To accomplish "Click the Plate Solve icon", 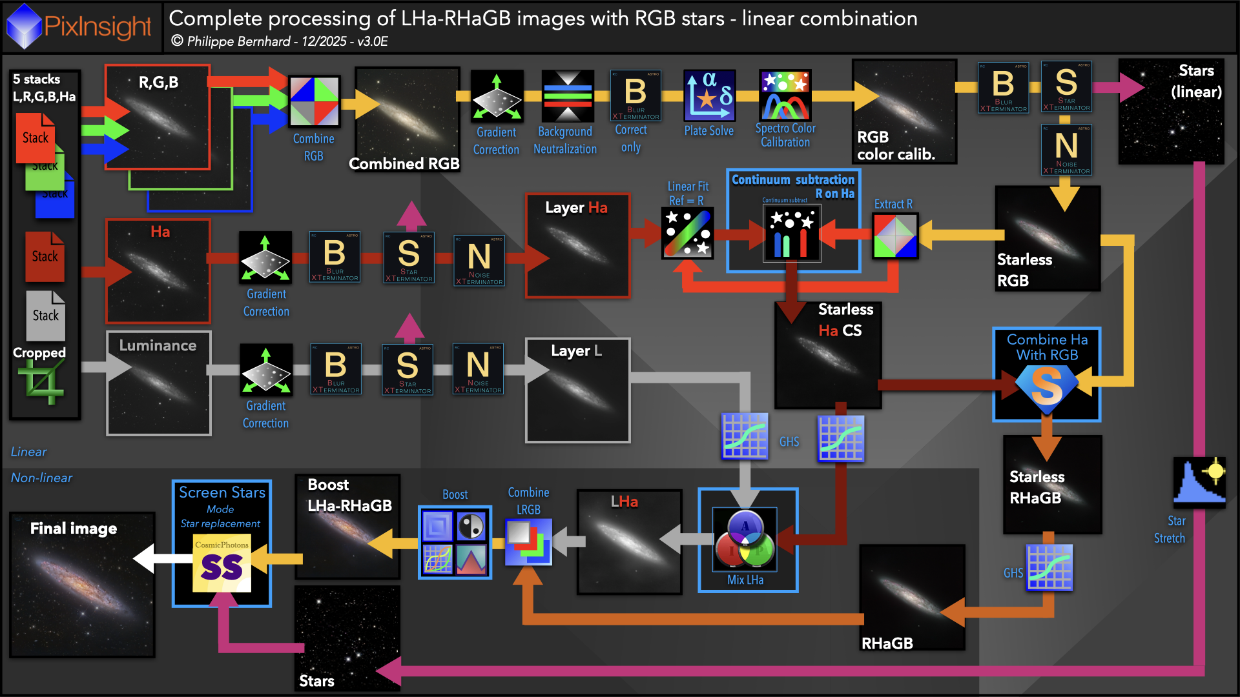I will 709,96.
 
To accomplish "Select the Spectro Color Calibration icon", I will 785,96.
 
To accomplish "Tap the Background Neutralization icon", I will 567,96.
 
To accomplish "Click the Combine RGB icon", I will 315,101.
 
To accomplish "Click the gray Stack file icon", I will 45,315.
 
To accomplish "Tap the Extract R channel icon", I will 895,236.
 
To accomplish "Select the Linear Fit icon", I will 687,233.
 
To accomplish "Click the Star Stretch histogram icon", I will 1199,481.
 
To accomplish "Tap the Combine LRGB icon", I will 528,541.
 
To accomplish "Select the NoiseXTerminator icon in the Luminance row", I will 479,369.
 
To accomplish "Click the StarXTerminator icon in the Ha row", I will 409,258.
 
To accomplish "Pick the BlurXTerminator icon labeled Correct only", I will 635,96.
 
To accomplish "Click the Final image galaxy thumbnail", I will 82,585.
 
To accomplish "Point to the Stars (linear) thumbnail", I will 1171,111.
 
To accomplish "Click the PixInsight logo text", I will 97,26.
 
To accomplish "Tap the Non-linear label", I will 41,478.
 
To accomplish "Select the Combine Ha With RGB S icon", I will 1046,386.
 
